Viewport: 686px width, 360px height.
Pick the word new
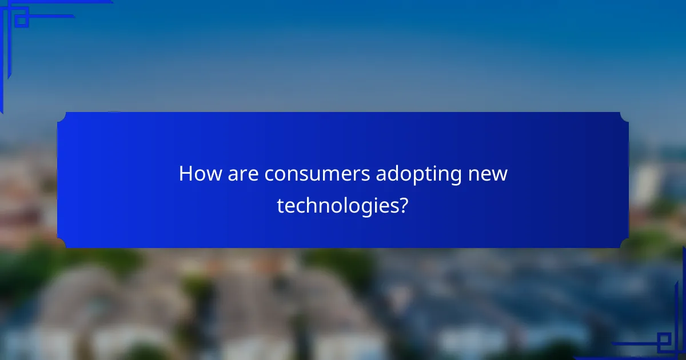(488, 174)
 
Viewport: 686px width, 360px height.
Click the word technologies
(338, 206)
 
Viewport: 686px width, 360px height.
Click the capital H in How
(185, 174)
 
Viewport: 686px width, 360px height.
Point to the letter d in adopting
(388, 174)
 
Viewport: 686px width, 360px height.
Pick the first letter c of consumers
(268, 174)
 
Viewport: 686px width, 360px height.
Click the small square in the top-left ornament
(22, 21)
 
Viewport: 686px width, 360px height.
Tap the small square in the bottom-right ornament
(664, 342)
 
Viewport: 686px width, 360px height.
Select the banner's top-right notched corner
(624, 117)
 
